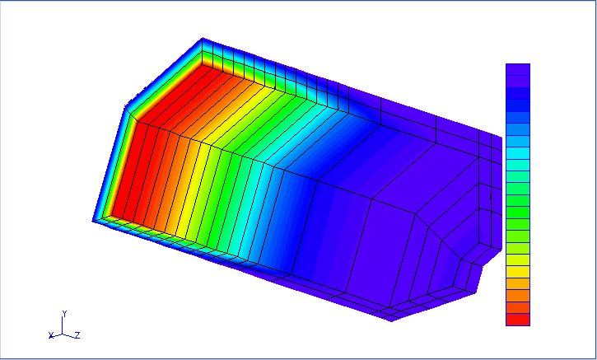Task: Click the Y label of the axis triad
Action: click(65, 314)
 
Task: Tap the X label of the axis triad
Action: click(51, 335)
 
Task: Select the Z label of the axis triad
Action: click(77, 335)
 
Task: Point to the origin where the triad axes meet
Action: click(62, 334)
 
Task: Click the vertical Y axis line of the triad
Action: click(62, 325)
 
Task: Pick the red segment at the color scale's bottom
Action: click(518, 320)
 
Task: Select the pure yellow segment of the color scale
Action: click(518, 272)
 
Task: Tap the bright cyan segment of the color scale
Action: click(518, 152)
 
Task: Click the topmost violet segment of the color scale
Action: click(518, 70)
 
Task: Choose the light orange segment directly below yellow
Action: click(518, 283)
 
